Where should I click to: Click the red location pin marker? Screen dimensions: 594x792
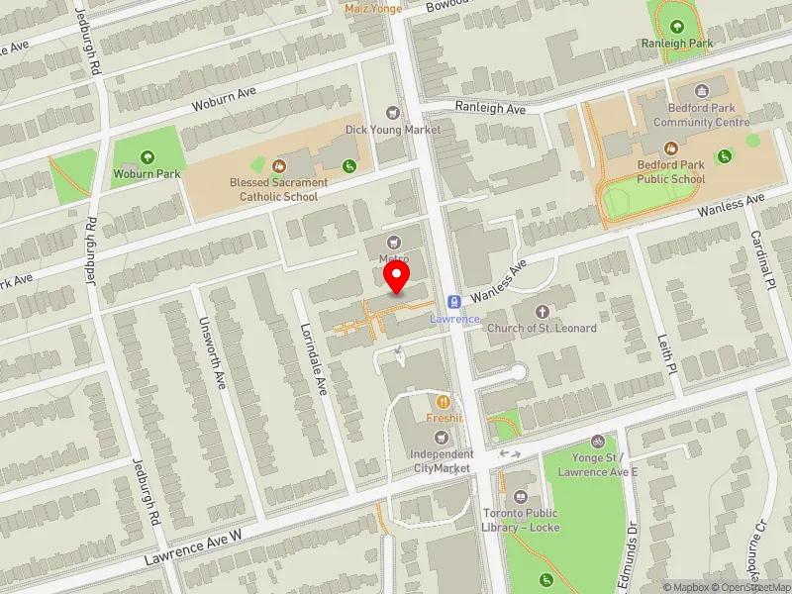click(x=397, y=276)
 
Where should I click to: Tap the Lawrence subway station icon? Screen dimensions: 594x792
click(x=454, y=302)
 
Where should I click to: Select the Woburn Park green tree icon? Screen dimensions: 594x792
click(x=148, y=156)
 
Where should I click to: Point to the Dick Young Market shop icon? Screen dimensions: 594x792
click(x=393, y=113)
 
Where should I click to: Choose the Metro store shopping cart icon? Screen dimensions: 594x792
click(x=395, y=242)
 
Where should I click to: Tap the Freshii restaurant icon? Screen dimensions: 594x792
click(x=445, y=401)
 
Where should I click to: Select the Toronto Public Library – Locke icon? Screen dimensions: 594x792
click(x=521, y=497)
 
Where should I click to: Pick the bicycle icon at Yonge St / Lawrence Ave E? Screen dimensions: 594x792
click(x=597, y=441)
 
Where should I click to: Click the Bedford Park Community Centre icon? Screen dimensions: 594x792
click(x=702, y=92)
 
